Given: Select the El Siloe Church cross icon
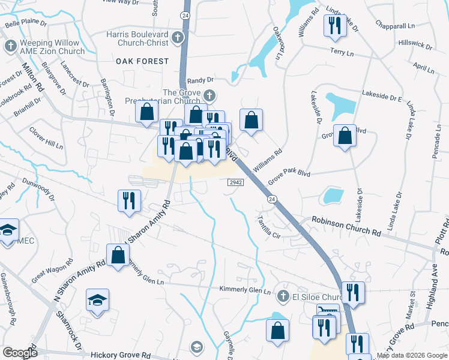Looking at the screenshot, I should click(283, 296).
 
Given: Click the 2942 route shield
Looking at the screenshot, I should click(235, 182).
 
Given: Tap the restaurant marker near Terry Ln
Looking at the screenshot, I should click(333, 26).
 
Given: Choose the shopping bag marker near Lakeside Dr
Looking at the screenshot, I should click(345, 136).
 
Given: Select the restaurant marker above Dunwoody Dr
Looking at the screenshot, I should click(129, 201).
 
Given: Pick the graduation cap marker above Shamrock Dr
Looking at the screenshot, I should click(97, 300).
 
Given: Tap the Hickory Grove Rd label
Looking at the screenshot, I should click(121, 355).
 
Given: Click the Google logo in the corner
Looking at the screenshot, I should click(20, 353).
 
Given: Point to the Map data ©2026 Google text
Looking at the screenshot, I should click(412, 355).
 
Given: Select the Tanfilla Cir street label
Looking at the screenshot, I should click(268, 227).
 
